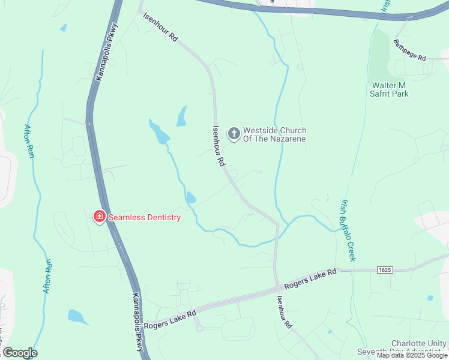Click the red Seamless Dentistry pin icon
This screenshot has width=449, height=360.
99,217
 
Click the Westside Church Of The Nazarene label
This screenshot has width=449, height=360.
274,135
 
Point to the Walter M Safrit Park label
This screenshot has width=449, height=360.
390,89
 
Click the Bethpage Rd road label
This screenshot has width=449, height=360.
409,50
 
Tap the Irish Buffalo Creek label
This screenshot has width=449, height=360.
348,230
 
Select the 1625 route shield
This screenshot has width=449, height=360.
385,271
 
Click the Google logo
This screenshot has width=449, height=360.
20,353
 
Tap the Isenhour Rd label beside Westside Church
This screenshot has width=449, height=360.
219,145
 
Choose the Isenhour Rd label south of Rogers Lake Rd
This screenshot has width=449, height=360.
284,312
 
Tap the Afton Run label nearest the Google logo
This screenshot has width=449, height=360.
47,275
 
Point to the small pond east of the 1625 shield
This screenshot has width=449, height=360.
430,298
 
